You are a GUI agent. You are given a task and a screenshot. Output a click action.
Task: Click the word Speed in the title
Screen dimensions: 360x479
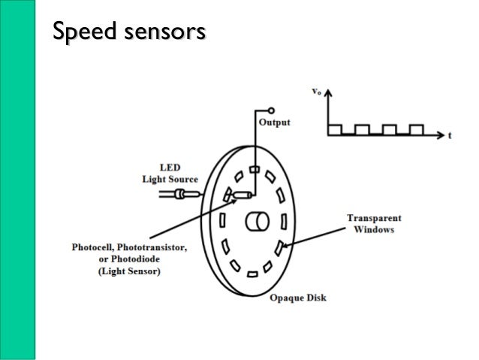pyautogui.click(x=79, y=32)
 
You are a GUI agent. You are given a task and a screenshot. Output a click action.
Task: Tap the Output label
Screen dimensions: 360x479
pyautogui.click(x=274, y=123)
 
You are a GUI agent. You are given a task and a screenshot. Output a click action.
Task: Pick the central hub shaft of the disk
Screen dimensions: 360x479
pyautogui.click(x=256, y=222)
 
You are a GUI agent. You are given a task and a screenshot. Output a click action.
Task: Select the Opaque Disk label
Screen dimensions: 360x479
pyautogui.click(x=297, y=298)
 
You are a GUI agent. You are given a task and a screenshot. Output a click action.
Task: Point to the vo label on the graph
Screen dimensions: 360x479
pyautogui.click(x=317, y=91)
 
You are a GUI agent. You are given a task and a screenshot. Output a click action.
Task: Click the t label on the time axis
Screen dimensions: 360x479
pyautogui.click(x=449, y=137)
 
